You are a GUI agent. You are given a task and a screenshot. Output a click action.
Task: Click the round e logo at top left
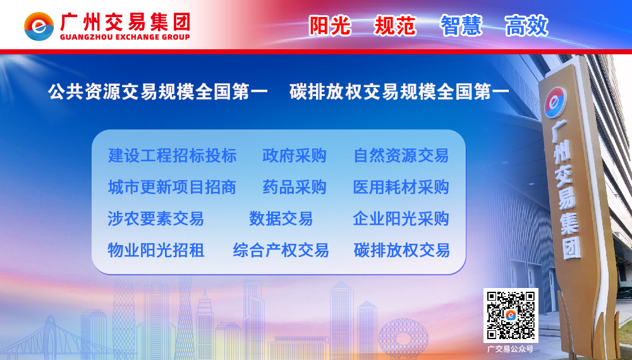tap(39, 26)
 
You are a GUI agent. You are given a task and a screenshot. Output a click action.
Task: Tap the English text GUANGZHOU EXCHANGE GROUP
tap(125, 37)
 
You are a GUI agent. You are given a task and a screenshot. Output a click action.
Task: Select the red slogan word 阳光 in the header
tap(330, 26)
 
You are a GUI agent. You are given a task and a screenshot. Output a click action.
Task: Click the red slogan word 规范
tap(395, 26)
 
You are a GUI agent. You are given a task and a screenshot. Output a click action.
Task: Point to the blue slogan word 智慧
tap(461, 26)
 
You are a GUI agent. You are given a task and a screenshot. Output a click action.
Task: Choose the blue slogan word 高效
tap(526, 26)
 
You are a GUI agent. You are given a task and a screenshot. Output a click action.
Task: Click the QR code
tap(511, 315)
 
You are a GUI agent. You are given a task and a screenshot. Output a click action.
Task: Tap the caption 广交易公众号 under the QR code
tap(510, 349)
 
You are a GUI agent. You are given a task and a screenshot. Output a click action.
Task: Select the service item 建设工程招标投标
tap(172, 155)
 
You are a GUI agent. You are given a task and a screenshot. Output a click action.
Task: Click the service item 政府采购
tap(295, 155)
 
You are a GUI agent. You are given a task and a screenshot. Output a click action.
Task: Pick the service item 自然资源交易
tap(401, 155)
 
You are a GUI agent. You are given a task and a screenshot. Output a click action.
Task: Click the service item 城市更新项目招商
tap(172, 187)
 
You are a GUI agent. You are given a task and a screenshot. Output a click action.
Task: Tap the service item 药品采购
tap(295, 187)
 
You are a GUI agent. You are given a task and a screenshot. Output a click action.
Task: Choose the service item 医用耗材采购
tap(401, 187)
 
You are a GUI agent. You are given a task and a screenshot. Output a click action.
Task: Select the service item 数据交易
tap(281, 219)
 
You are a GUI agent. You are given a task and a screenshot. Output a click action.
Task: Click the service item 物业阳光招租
tap(156, 250)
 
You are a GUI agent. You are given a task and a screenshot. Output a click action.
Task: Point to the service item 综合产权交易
tap(281, 250)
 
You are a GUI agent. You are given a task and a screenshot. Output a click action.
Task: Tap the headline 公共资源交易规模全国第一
tap(157, 92)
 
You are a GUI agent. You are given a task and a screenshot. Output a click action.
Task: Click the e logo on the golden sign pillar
tap(556, 102)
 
